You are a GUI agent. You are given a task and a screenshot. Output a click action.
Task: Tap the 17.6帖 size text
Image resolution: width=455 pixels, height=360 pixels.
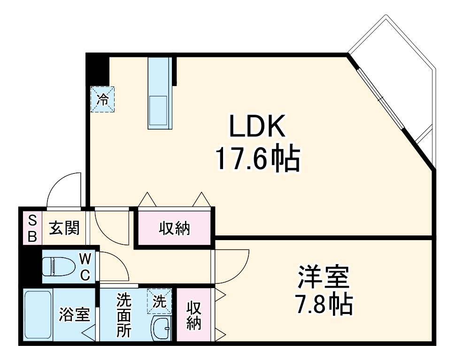257,159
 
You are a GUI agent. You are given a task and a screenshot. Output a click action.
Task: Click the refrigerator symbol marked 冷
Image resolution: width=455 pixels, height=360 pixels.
102,99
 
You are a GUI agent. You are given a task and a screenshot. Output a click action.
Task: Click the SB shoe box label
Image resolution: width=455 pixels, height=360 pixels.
32,228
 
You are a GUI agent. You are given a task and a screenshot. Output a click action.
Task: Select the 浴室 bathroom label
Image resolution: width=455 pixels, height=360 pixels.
74,314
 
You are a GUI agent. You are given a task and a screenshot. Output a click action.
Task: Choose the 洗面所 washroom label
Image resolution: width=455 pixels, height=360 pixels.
124,314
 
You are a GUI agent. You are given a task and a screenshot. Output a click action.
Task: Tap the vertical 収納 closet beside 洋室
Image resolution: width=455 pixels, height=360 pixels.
193,315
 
